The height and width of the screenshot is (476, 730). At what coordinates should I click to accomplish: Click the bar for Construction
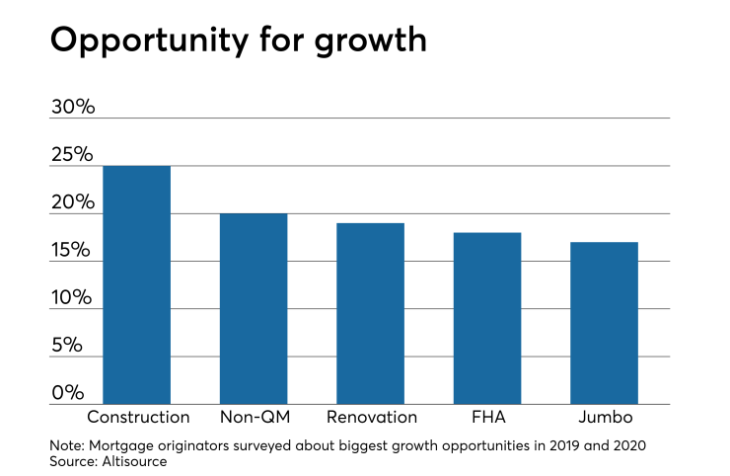pos(137,284)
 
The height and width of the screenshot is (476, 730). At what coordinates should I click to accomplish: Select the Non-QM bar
pos(254,308)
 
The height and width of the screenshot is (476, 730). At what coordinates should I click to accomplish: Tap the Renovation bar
pos(370,313)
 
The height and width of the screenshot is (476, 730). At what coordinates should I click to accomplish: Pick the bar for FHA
pos(486,318)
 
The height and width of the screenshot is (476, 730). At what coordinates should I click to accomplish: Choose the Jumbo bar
pos(604,323)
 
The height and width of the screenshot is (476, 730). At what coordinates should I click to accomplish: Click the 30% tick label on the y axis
pos(72,107)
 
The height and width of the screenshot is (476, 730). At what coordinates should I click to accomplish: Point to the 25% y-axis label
pos(72,155)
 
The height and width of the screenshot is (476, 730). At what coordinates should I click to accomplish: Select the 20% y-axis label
pos(72,203)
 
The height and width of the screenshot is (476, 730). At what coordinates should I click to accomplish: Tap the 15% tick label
pos(72,251)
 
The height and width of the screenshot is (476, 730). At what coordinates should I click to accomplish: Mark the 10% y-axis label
pos(72,298)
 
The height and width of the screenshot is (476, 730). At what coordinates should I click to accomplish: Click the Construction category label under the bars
pos(138,417)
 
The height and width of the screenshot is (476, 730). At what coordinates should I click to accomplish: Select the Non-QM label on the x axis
pos(254,417)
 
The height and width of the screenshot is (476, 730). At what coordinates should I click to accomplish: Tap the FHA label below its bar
pos(486,417)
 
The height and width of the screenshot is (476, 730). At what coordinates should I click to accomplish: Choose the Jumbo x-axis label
pos(604,417)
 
